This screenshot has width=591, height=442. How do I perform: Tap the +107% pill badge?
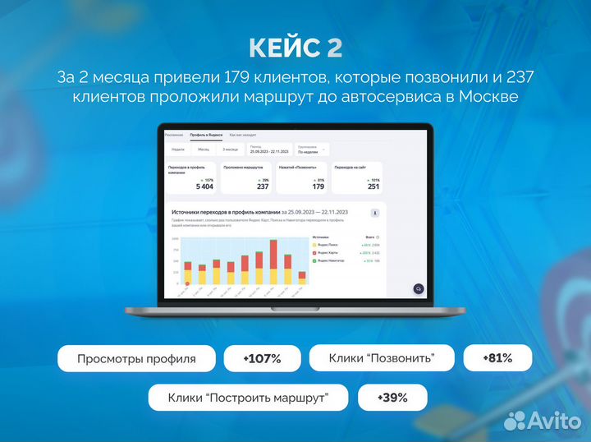click(262, 359)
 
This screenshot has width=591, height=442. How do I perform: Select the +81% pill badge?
click(497, 358)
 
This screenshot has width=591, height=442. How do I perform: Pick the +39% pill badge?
click(392, 398)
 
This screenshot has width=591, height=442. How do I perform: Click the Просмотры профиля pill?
click(136, 359)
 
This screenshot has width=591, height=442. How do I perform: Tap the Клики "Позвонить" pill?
click(381, 358)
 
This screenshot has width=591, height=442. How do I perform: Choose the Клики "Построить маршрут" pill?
click(248, 398)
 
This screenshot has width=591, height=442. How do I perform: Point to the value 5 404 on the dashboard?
click(204, 186)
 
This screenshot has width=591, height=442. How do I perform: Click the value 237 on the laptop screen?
click(263, 186)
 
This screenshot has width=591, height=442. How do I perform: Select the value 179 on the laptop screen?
click(318, 186)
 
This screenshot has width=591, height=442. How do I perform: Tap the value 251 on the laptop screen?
click(373, 186)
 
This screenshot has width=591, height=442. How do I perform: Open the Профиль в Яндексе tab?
click(204, 134)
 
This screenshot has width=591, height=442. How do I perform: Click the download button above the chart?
click(375, 214)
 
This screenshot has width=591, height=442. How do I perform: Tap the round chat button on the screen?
click(418, 288)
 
